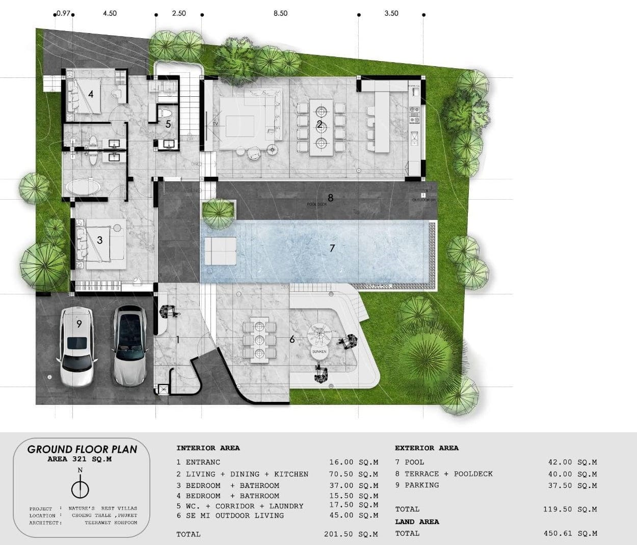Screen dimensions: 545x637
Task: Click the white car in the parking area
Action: [x=77, y=346]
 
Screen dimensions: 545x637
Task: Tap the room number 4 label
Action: [x=91, y=94]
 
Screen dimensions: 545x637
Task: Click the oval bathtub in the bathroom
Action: [x=82, y=187]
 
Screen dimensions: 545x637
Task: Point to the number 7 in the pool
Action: [x=332, y=249]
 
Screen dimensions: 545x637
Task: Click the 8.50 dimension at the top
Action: [x=280, y=13]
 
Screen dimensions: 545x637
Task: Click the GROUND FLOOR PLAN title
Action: [x=82, y=449]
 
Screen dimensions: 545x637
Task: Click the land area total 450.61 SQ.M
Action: [x=570, y=533]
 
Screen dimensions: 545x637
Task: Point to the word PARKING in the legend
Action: [x=421, y=485]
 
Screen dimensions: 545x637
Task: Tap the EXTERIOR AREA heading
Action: [x=427, y=448]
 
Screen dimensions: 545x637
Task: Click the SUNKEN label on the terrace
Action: [x=319, y=352]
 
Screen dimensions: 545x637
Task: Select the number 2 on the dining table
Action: [x=320, y=124]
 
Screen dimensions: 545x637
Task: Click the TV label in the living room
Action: [x=216, y=124]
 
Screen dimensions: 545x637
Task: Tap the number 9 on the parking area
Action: [x=79, y=323]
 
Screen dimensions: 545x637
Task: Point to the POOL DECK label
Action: [x=316, y=204]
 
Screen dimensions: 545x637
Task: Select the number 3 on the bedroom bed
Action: [x=100, y=240]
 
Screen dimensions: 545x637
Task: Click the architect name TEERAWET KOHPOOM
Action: [x=111, y=523]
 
